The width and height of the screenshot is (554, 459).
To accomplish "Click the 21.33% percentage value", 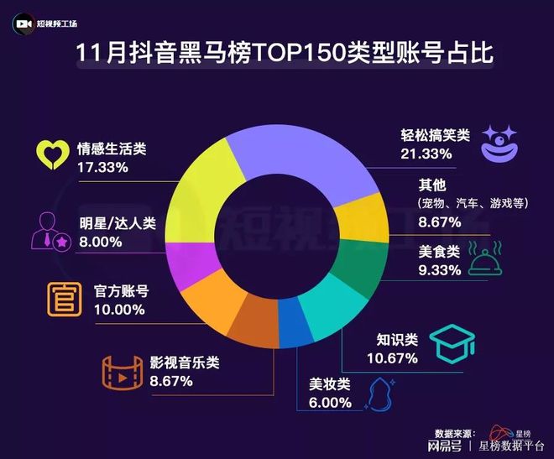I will point(426,154).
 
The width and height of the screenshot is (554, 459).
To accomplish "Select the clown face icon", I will point(502,142).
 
